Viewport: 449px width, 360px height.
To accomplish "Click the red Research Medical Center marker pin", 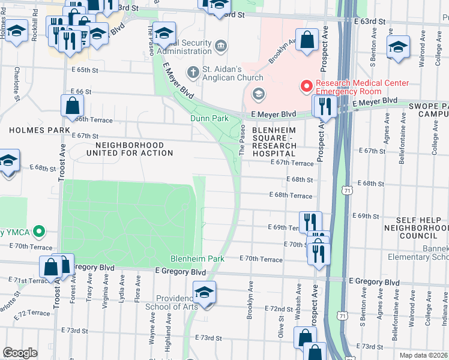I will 306,87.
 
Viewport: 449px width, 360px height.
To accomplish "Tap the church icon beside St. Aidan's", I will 193,73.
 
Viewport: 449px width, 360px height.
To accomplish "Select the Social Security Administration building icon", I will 220,46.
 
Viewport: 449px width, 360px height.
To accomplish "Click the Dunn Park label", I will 209,119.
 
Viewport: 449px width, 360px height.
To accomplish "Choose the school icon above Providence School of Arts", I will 204,293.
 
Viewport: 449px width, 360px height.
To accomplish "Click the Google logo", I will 20,353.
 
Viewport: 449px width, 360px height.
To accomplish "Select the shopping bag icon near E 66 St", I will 72,106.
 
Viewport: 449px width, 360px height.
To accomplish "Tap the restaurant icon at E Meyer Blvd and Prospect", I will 325,106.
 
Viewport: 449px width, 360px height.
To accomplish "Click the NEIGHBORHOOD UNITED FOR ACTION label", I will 130,149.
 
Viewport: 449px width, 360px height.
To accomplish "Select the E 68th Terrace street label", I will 291,196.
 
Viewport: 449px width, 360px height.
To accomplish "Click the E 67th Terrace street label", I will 292,163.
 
